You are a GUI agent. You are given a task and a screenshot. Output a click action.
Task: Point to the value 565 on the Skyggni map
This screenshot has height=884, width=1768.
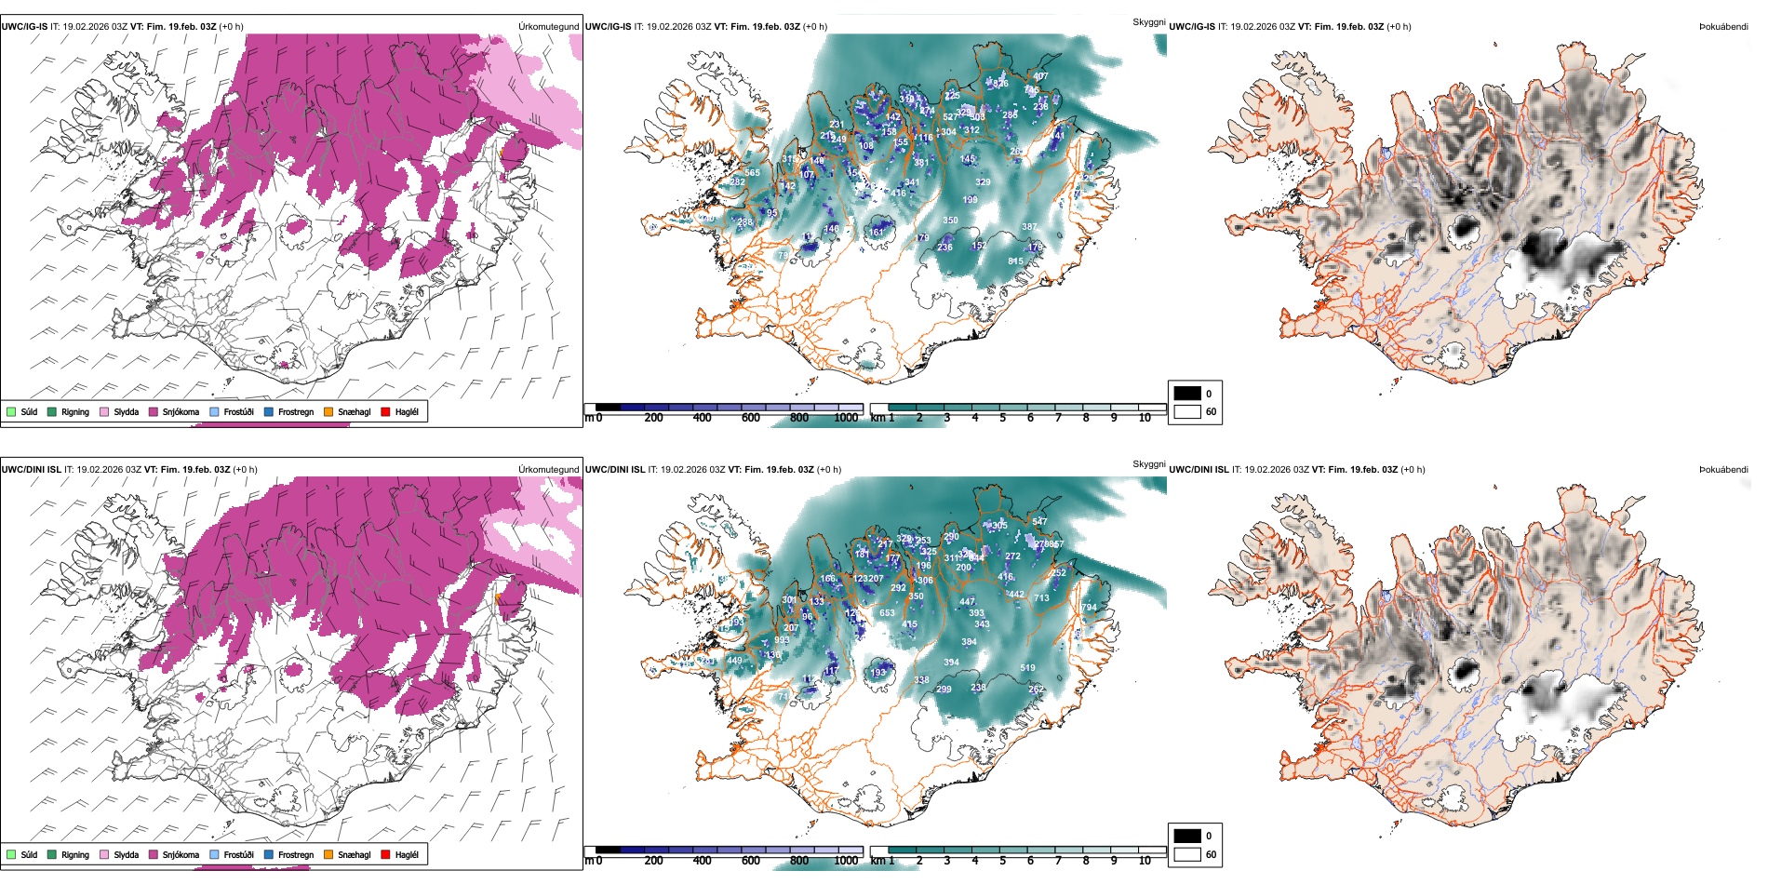753,172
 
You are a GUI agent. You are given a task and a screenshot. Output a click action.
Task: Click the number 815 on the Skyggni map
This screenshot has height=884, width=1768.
1015,261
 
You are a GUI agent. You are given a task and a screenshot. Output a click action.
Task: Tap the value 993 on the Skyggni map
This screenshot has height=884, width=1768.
782,640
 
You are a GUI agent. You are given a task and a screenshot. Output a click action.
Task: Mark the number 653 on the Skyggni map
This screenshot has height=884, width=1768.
887,612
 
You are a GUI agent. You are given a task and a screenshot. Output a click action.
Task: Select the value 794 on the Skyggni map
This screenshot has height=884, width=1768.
1089,608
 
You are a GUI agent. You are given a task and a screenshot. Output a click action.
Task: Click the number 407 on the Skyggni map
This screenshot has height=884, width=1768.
1040,76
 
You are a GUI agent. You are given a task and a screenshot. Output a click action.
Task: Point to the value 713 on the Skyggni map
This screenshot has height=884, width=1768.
1041,598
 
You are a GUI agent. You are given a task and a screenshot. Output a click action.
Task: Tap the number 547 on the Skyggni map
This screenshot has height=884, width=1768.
1039,521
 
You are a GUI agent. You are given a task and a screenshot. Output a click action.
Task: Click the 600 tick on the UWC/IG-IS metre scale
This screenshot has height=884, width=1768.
750,418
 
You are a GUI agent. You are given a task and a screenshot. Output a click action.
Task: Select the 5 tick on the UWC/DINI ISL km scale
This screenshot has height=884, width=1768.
1002,861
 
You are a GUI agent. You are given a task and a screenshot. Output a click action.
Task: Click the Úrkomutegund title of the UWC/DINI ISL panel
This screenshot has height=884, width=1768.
548,470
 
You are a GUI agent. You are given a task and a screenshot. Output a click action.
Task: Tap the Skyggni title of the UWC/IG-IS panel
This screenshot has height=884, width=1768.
1148,21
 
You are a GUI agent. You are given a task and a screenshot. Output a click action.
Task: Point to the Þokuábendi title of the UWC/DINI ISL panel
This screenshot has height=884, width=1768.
1723,470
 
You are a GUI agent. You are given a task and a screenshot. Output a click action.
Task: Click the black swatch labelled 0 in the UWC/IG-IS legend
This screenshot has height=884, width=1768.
1187,394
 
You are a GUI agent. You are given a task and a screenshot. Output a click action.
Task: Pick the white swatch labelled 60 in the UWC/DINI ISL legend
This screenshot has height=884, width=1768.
1187,854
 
